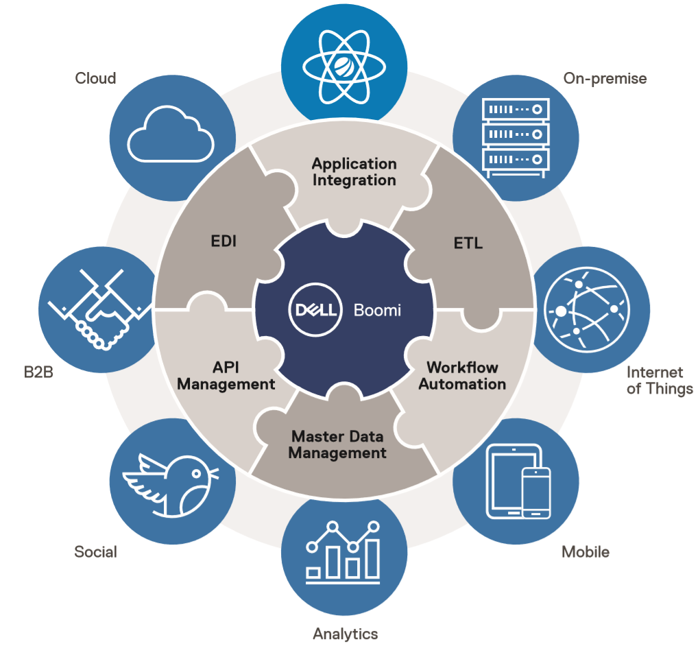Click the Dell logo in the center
315,310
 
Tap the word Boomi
377,310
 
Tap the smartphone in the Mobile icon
535,492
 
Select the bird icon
170,481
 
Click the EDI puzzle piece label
224,241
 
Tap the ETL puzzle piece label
468,242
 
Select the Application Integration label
354,172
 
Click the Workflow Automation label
462,376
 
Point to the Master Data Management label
337,444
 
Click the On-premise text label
605,78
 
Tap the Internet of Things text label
660,381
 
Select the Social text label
95,551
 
